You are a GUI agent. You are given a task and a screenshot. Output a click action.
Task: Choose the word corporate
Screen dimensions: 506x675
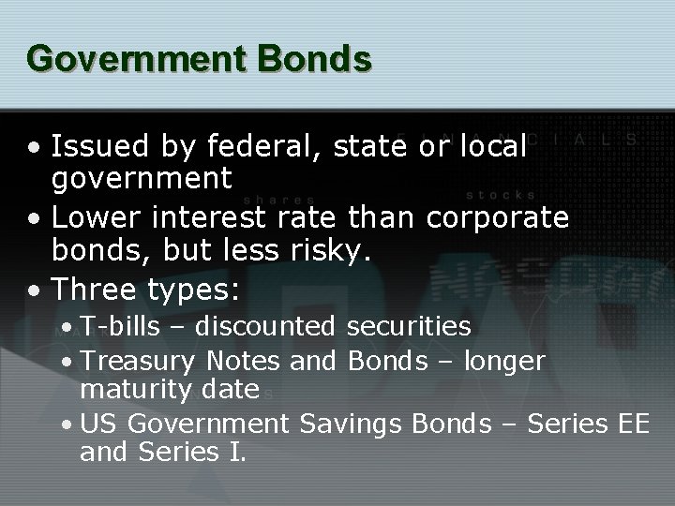click(497, 217)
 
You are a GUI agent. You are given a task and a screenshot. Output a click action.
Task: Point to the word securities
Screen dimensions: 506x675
click(409, 326)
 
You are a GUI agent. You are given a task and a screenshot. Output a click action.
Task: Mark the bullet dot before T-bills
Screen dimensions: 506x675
click(67, 327)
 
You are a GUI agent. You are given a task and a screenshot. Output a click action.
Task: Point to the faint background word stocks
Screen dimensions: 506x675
click(501, 196)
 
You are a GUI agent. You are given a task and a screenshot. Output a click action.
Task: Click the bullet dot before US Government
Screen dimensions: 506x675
click(67, 424)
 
